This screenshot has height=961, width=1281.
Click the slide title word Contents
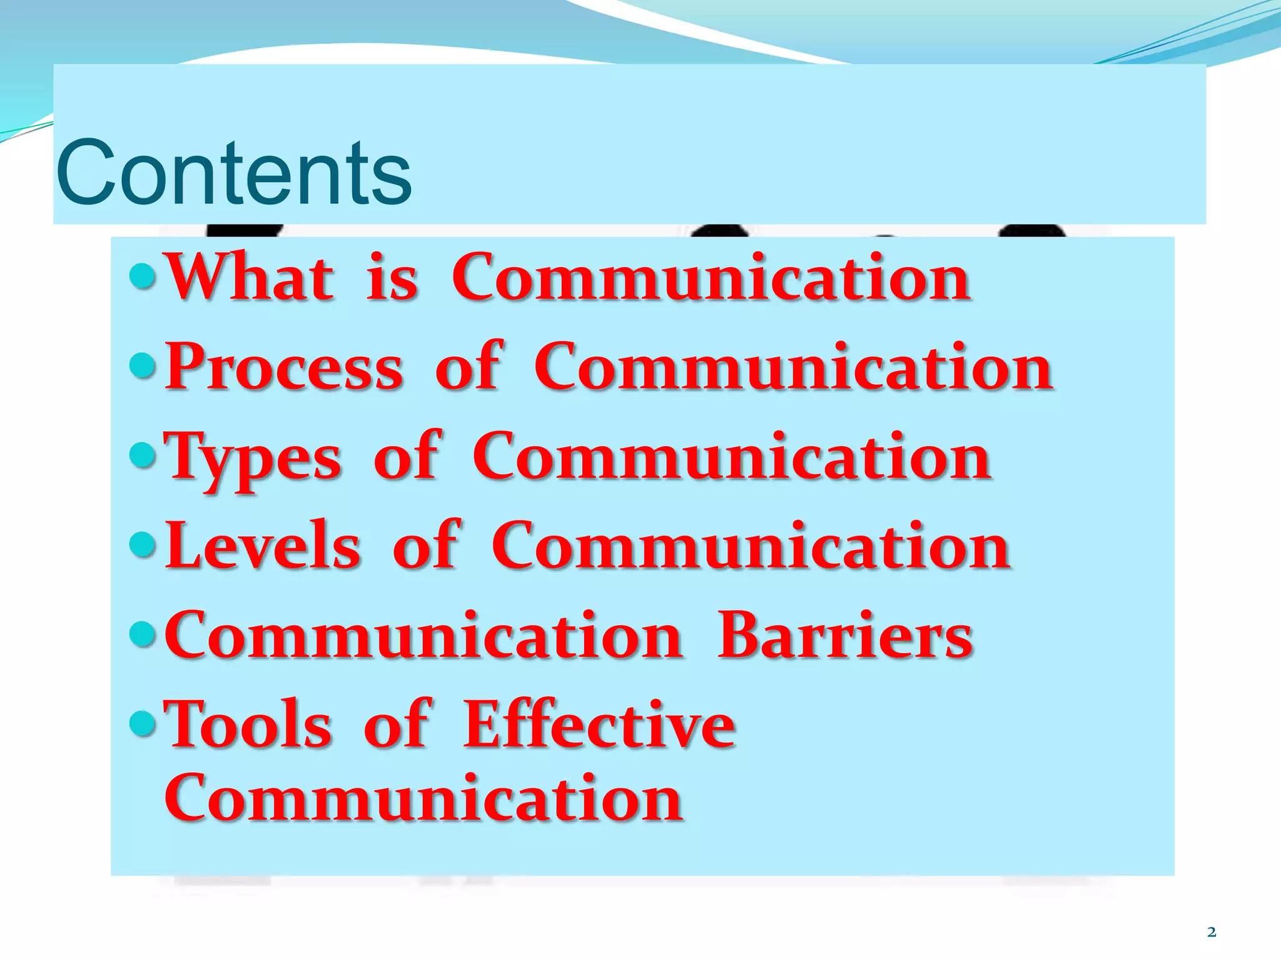click(x=233, y=173)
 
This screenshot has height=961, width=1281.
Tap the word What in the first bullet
click(x=250, y=277)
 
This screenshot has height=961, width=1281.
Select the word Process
click(x=285, y=367)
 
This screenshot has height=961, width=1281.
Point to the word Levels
click(x=263, y=546)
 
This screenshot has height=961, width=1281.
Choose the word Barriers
click(x=845, y=636)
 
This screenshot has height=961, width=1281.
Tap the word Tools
click(x=248, y=725)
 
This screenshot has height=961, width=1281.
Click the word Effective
click(x=599, y=725)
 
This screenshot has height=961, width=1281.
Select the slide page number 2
click(x=1212, y=932)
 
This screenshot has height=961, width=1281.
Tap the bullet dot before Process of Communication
click(x=143, y=365)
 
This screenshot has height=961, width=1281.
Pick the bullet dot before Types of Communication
click(x=143, y=455)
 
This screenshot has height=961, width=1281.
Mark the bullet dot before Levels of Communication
click(x=143, y=544)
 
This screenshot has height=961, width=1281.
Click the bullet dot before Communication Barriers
click(x=143, y=634)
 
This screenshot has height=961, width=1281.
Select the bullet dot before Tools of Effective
click(x=143, y=723)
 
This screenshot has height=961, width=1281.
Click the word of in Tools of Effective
click(x=397, y=725)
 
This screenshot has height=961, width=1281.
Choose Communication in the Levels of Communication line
click(x=751, y=546)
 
